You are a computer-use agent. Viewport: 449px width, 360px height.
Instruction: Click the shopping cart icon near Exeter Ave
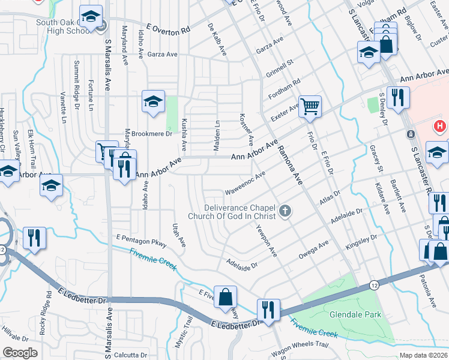(310, 107)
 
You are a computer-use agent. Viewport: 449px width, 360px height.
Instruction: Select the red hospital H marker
(440, 126)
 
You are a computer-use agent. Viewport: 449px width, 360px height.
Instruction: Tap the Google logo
(20, 352)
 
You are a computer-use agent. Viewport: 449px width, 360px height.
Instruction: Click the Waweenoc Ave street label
(245, 182)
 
